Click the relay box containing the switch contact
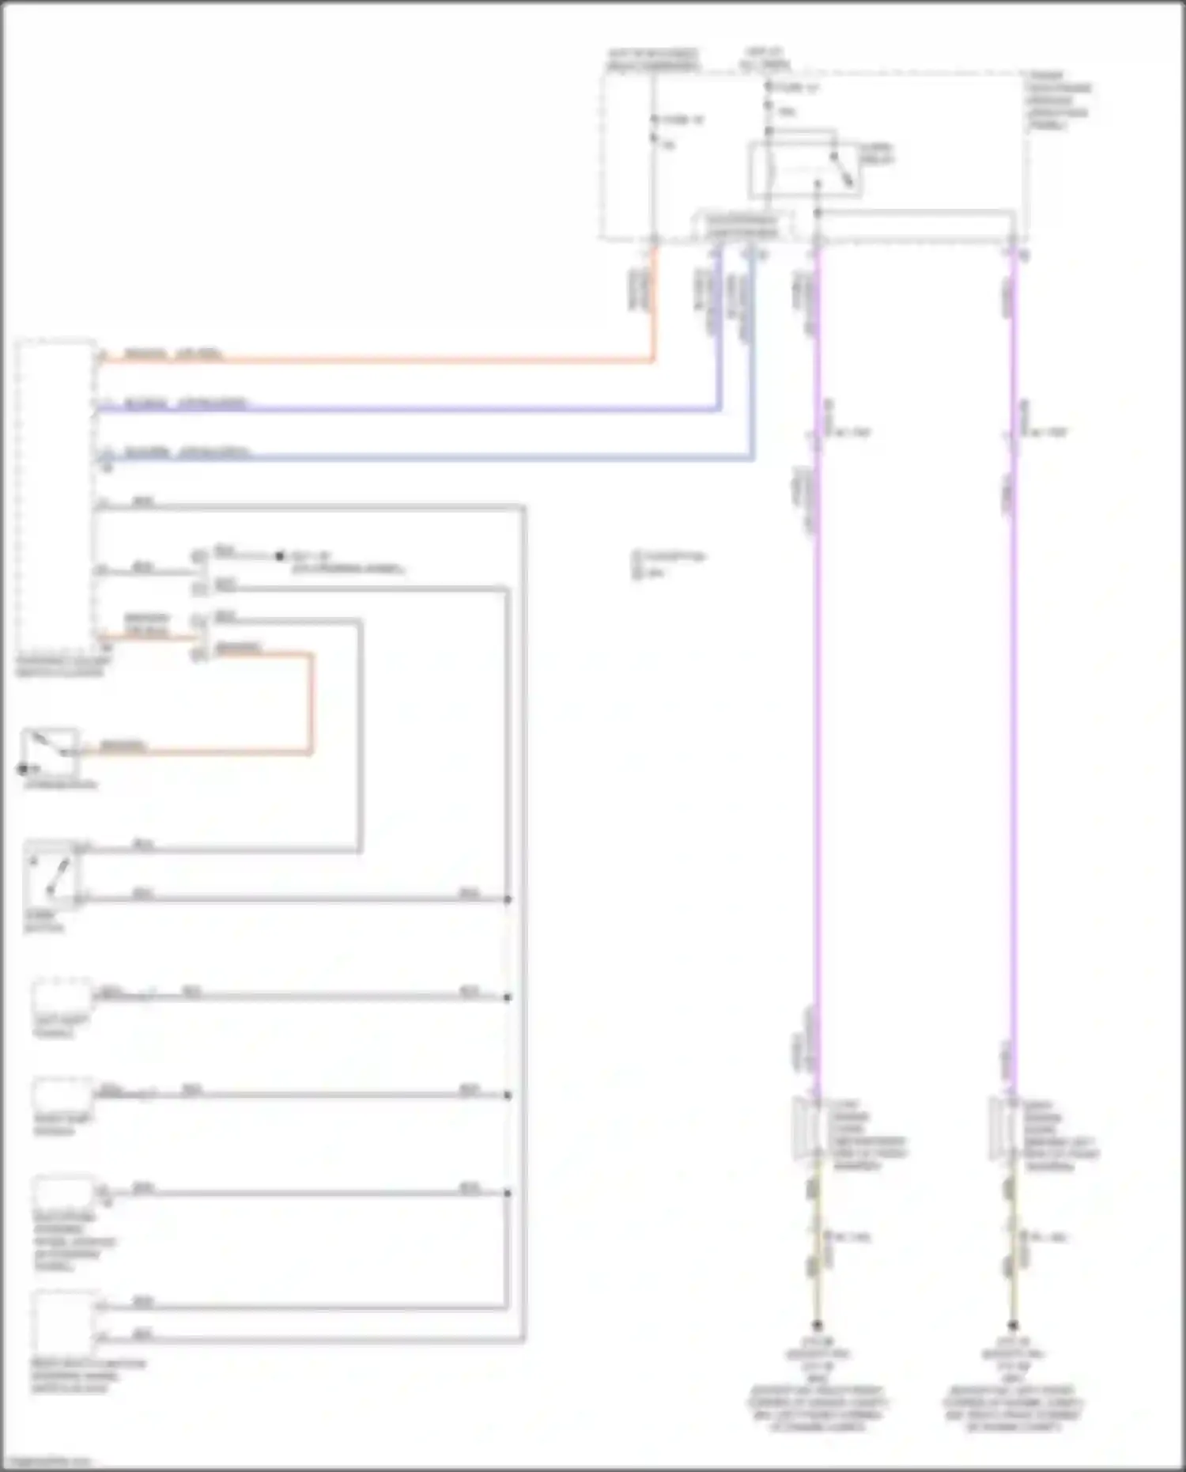(805, 168)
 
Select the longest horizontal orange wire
(380, 361)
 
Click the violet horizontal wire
(411, 410)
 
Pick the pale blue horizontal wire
(427, 458)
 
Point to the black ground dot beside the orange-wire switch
(23, 769)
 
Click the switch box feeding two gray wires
(52, 874)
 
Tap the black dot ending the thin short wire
(279, 556)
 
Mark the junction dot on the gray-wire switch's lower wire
(508, 899)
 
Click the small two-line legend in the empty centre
(668, 564)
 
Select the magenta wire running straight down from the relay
(818, 672)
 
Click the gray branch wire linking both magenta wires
(917, 213)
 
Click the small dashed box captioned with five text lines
(62, 1194)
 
